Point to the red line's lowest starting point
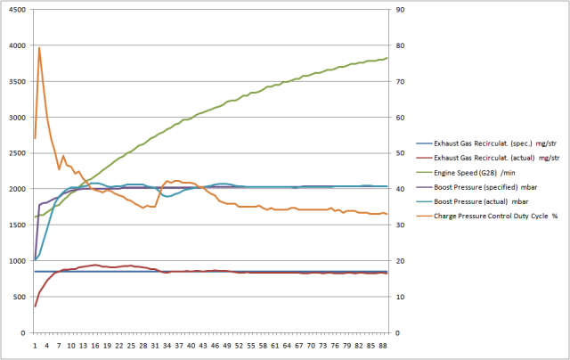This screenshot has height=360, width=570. pos(35,307)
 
